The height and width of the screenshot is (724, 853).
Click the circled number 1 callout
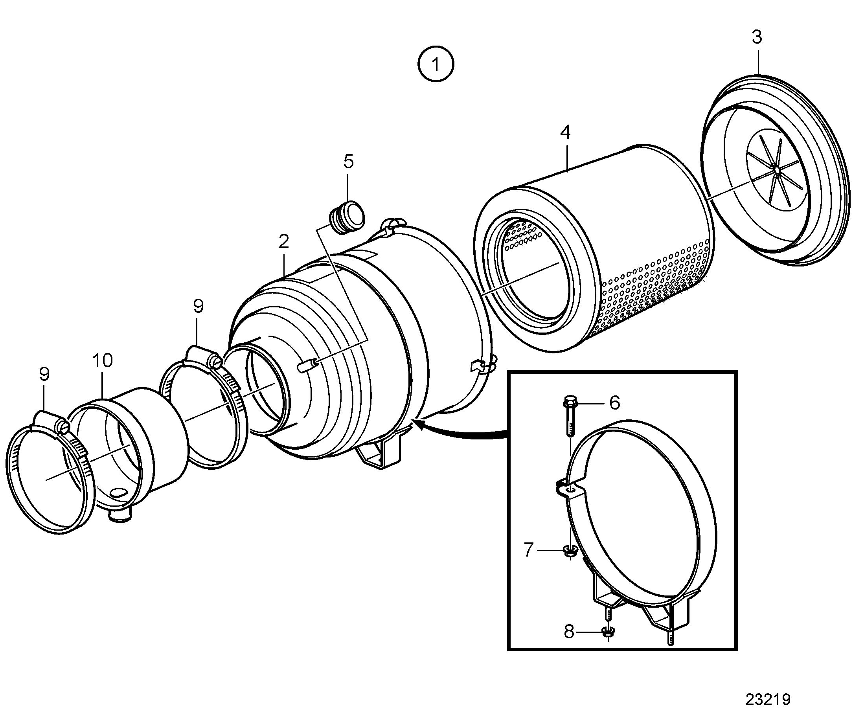click(436, 64)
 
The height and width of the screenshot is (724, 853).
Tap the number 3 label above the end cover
click(757, 37)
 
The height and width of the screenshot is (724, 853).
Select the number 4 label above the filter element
click(565, 132)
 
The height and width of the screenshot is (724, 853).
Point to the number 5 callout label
click(348, 162)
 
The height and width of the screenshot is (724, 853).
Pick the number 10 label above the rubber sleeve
click(102, 360)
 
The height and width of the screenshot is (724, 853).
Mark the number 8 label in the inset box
click(568, 632)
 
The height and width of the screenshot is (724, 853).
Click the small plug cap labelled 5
click(347, 217)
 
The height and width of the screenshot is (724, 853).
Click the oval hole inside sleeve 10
click(120, 493)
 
